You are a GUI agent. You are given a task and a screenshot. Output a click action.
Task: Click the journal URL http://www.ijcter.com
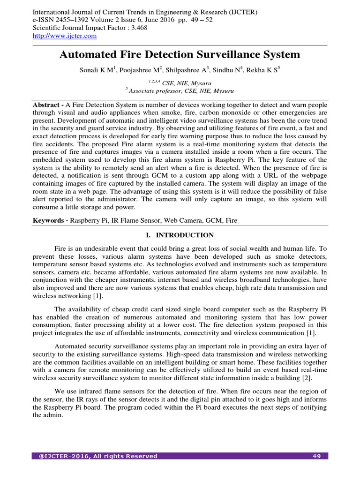tap(65, 36)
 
